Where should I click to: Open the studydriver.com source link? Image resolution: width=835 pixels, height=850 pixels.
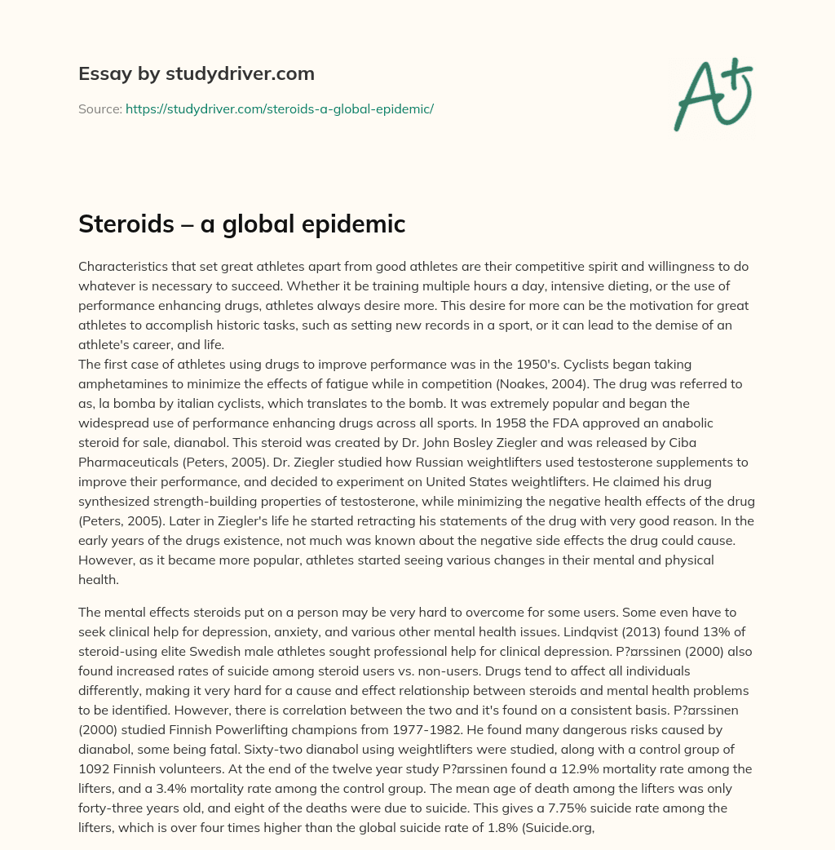[280, 108]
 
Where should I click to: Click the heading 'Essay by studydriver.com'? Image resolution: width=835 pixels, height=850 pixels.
[197, 73]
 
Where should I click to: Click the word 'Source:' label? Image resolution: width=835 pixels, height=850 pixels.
[100, 108]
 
